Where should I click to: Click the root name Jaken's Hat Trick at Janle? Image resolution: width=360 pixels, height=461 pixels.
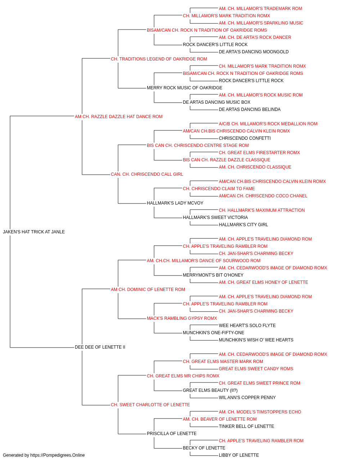[34, 232]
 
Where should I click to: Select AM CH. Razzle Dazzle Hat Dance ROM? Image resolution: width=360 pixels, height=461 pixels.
[118, 117]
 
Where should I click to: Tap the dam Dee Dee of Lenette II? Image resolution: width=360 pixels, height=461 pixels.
[100, 347]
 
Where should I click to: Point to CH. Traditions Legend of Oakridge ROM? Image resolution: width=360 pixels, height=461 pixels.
[159, 59]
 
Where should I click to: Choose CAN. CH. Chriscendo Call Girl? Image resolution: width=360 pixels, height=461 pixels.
[147, 174]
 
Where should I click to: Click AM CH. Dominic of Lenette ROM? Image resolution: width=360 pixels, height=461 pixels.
[148, 289]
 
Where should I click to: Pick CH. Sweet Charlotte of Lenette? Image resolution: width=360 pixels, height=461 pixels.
[150, 405]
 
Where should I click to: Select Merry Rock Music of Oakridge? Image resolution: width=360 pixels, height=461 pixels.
[184, 88]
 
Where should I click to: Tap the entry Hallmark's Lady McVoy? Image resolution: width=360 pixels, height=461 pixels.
[175, 203]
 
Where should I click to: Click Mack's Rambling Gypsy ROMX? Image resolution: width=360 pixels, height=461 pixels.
[182, 318]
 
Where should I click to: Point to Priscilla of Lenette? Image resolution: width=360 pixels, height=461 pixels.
[171, 434]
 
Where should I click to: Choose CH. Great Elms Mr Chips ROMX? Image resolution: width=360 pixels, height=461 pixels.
[183, 376]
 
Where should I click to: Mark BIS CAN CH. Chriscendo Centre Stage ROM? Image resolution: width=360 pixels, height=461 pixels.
[198, 146]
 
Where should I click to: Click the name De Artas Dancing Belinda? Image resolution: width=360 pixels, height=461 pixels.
[249, 109]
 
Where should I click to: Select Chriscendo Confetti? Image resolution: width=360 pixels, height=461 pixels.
[245, 138]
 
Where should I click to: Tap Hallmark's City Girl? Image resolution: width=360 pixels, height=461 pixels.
[243, 225]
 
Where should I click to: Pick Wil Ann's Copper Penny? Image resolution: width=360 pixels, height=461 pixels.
[247, 398]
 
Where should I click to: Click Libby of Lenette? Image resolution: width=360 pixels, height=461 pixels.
[239, 455]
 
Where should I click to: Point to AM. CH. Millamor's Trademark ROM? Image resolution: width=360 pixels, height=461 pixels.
[260, 9]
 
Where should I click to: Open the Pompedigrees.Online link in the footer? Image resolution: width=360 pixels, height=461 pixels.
[57, 455]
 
